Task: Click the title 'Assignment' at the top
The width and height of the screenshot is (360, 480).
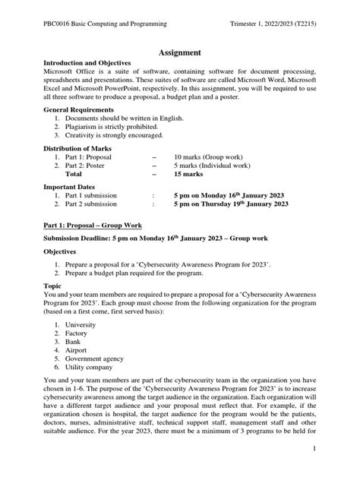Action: [x=179, y=52]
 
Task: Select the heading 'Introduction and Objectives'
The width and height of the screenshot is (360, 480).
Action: [x=87, y=63]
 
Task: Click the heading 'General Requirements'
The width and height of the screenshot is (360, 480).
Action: [x=78, y=110]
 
